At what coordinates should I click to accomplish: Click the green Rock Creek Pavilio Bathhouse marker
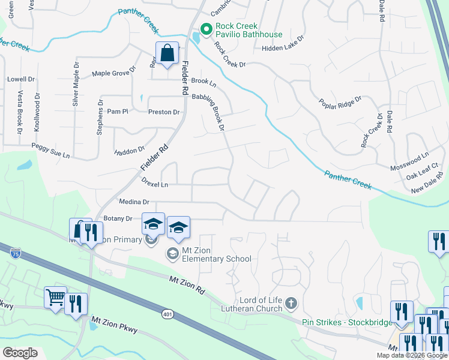point(206,29)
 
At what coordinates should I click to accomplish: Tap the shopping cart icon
point(55,296)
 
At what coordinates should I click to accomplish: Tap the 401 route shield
point(168,313)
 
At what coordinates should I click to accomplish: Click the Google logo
point(20,353)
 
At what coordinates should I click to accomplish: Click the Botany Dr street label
point(118,219)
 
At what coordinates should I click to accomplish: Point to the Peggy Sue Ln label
point(50,155)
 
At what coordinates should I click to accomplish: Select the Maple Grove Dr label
point(113,74)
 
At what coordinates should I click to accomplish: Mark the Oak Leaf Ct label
point(423,178)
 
